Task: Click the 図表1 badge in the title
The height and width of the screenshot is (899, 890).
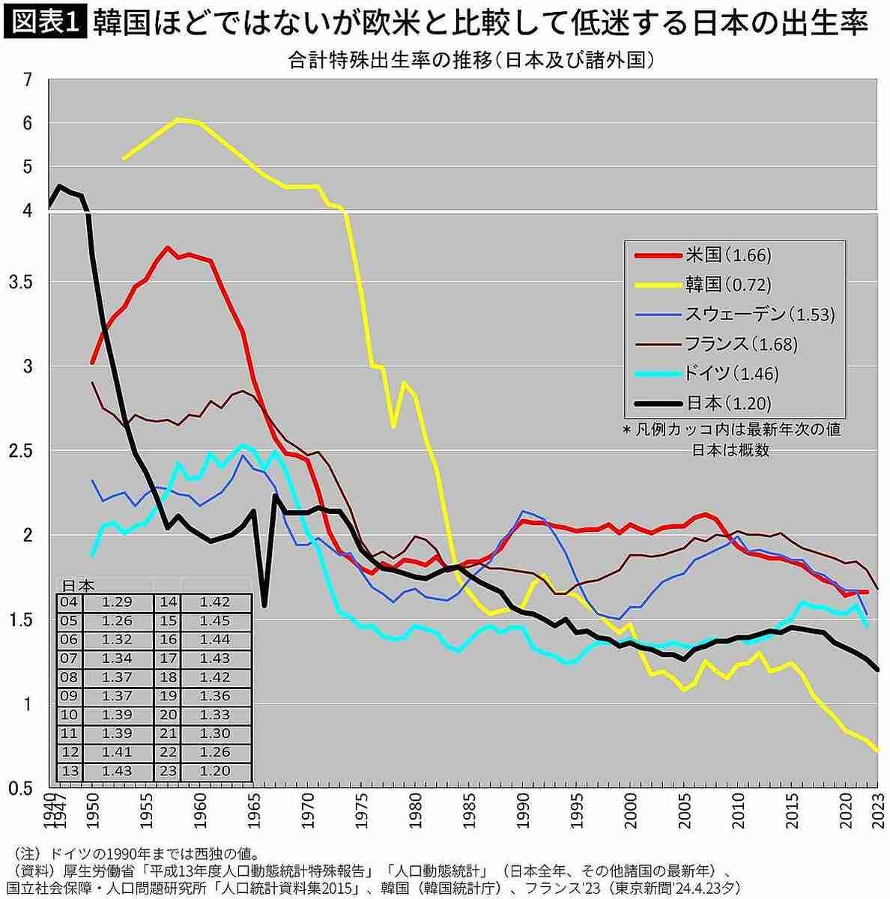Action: [46, 23]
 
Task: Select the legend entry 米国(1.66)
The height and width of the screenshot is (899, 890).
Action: [727, 255]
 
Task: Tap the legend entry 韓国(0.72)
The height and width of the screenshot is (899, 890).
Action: [727, 285]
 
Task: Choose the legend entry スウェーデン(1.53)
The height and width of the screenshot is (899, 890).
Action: [759, 315]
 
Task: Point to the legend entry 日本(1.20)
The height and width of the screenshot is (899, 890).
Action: [727, 403]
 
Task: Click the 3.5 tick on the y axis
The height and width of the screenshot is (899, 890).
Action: [22, 282]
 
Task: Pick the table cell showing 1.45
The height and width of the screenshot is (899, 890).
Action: [215, 620]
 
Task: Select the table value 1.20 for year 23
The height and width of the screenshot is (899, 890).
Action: [215, 770]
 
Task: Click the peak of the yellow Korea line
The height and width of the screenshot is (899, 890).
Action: [178, 119]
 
